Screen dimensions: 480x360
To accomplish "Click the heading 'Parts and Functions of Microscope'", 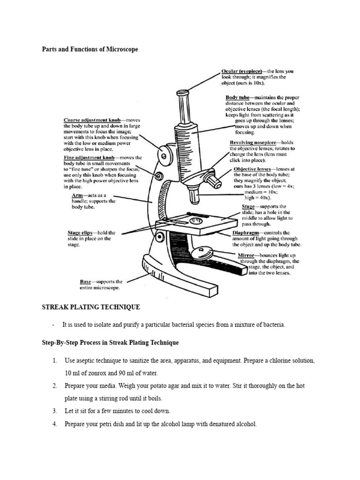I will click(90, 49).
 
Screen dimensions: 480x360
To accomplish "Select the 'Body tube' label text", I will click(240, 97).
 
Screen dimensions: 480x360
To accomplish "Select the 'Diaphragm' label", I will click(247, 232).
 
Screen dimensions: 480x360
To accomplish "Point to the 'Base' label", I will click(85, 282).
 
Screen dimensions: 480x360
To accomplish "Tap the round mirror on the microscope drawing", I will click(204, 253).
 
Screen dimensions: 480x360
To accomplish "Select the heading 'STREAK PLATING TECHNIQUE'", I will click(91, 307).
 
